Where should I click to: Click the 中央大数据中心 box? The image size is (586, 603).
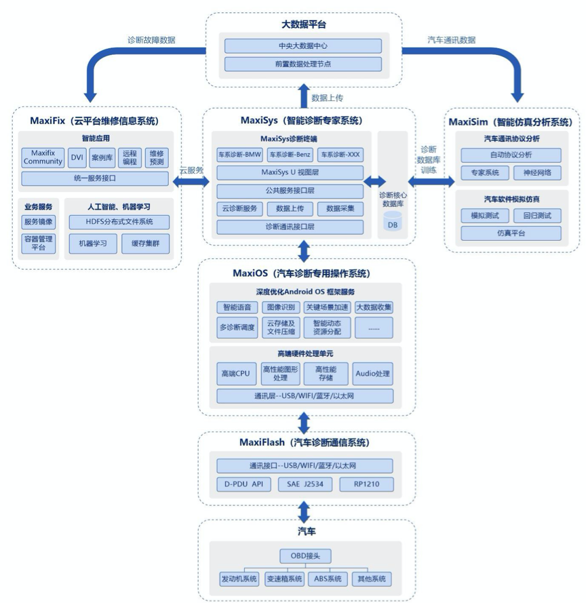pyautogui.click(x=303, y=45)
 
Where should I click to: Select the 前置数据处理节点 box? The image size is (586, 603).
pyautogui.click(x=303, y=64)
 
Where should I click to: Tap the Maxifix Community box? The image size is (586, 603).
pyautogui.click(x=43, y=157)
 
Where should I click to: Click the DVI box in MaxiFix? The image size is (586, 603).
pyautogui.click(x=77, y=157)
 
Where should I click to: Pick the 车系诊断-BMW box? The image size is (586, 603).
pyautogui.click(x=239, y=155)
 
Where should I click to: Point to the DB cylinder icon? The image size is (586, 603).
pyautogui.click(x=393, y=220)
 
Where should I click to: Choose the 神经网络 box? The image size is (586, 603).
pyautogui.click(x=537, y=173)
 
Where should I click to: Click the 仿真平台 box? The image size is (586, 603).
pyautogui.click(x=511, y=233)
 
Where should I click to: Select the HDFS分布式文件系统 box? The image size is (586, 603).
pyautogui.click(x=119, y=222)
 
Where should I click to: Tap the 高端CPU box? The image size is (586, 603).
pyautogui.click(x=236, y=374)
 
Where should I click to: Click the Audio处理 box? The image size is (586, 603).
pyautogui.click(x=372, y=374)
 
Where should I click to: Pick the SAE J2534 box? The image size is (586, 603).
pyautogui.click(x=305, y=484)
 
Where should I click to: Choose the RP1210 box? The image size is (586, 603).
pyautogui.click(x=366, y=484)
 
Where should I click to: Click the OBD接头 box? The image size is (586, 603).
pyautogui.click(x=305, y=556)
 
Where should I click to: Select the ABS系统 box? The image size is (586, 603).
pyautogui.click(x=328, y=579)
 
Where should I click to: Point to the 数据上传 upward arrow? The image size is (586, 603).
pyautogui.click(x=304, y=96)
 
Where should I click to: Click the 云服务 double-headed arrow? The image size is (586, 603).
pyautogui.click(x=191, y=181)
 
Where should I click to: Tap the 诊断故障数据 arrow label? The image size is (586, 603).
pyautogui.click(x=151, y=40)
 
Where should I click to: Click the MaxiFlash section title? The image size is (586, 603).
pyautogui.click(x=305, y=443)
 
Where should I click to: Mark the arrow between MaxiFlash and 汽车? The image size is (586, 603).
pyautogui.click(x=304, y=512)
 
